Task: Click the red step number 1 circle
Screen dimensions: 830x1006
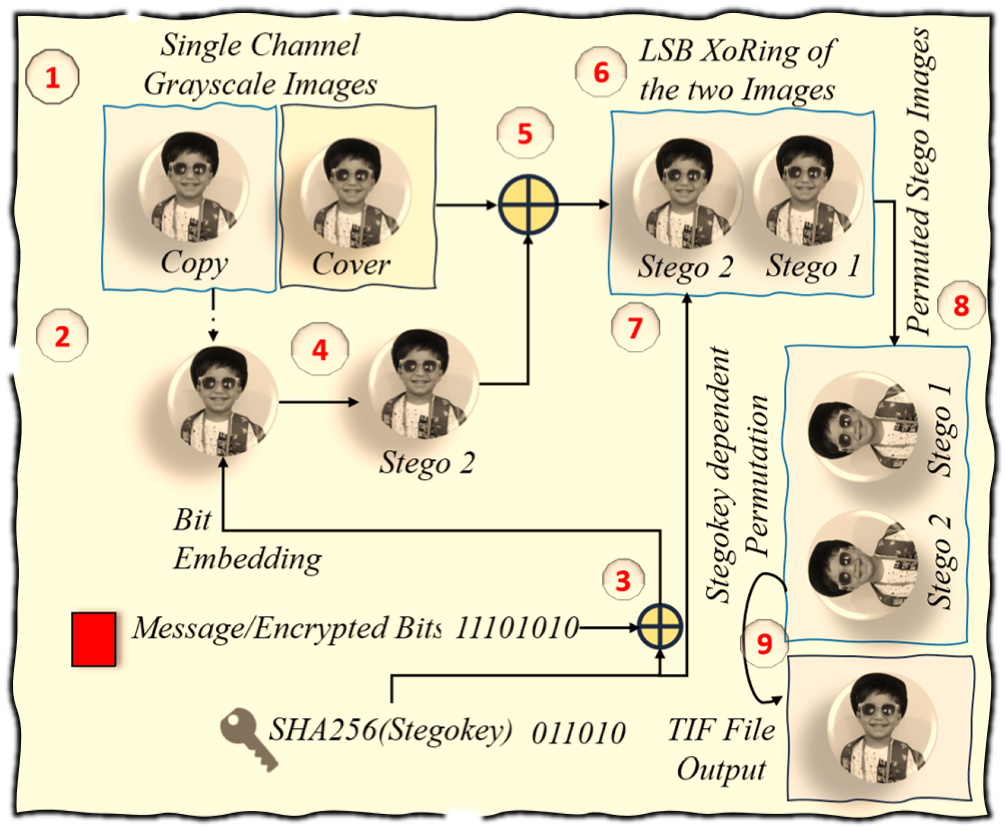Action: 52,78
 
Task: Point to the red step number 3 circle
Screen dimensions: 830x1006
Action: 623,581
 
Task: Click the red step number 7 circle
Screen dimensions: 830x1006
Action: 635,327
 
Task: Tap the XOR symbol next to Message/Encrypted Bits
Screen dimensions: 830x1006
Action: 660,626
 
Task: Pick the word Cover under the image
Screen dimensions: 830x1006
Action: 351,264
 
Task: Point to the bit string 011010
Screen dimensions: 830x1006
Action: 578,733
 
